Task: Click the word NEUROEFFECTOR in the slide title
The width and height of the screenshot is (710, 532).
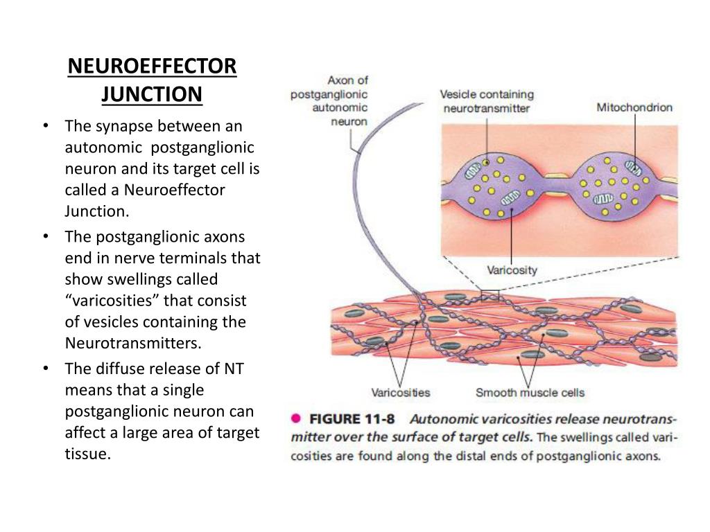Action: (x=152, y=67)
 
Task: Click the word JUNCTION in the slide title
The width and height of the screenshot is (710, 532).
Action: (x=152, y=94)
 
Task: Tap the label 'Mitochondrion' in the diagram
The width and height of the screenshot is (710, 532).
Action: (x=634, y=107)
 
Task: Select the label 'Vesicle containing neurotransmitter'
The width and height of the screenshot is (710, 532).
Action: (x=487, y=101)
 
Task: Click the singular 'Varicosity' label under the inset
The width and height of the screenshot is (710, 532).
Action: (x=512, y=270)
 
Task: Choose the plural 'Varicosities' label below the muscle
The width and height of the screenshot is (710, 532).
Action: (x=401, y=393)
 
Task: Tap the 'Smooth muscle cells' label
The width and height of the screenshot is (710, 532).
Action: (x=530, y=393)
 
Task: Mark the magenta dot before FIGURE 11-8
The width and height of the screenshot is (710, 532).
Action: (x=295, y=418)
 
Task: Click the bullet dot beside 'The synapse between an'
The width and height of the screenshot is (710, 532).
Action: (x=44, y=126)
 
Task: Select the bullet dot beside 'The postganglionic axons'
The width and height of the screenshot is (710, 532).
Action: (x=44, y=236)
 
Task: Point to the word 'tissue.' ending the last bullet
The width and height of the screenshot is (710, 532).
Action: (x=88, y=454)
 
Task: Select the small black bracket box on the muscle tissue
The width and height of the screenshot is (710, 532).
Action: (x=490, y=294)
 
